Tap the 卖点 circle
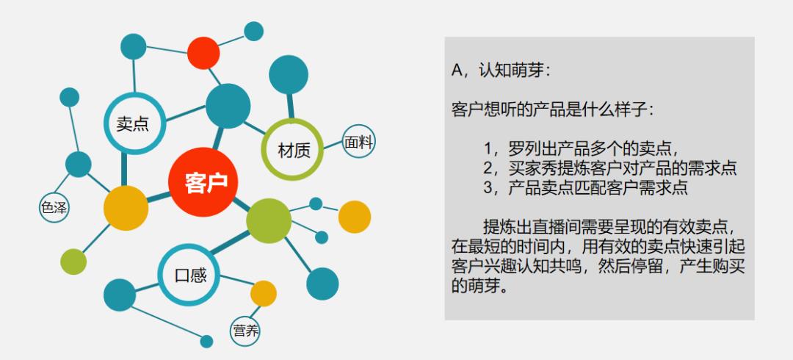tap(133, 123)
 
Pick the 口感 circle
tap(189, 276)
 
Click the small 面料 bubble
tap(359, 142)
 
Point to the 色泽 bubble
tap(54, 209)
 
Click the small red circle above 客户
tap(203, 52)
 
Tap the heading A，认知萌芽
tap(501, 71)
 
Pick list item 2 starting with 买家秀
tap(609, 167)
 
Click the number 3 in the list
tap(488, 187)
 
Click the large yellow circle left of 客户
tap(126, 208)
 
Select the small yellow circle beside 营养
tap(264, 293)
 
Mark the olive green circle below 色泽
tap(73, 261)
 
